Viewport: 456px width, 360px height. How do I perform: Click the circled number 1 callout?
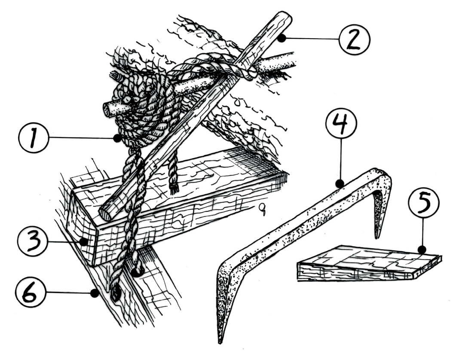tap(33, 138)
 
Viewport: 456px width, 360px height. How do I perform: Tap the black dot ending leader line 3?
tap(84, 242)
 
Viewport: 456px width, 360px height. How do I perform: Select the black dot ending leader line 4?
tap(340, 183)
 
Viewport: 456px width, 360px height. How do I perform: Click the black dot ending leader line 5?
tap(422, 250)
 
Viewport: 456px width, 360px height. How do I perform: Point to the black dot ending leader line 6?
tap(94, 294)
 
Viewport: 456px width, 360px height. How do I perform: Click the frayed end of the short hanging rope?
tap(174, 190)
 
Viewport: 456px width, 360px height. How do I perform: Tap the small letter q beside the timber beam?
tap(263, 210)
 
